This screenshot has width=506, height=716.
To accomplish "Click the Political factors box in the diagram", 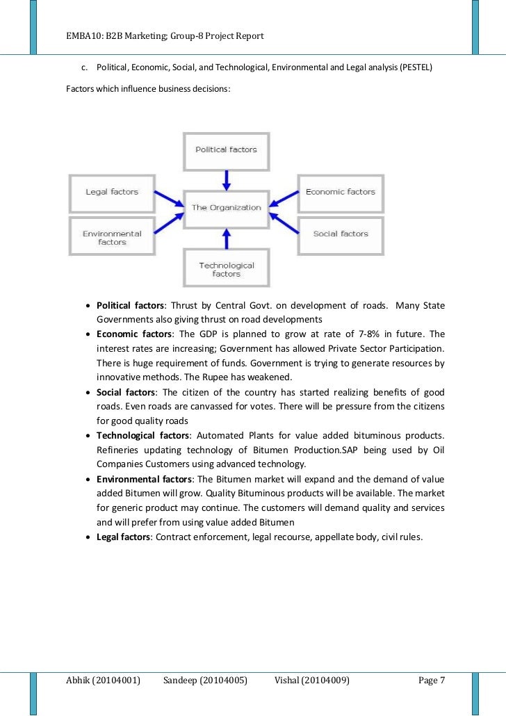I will pos(226,150).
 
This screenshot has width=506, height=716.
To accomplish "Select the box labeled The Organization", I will pos(226,207).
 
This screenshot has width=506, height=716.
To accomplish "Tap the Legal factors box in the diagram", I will pos(111,193).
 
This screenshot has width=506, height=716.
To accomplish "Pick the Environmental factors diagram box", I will pos(111,237).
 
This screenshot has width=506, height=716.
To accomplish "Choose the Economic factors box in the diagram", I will pos(340,192).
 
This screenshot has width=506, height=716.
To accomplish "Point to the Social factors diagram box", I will pos(340,234).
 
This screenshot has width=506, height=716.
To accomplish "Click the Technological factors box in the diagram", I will pos(226,269).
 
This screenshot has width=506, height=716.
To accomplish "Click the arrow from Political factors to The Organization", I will pos(226,179).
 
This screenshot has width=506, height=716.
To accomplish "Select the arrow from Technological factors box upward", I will pos(226,239).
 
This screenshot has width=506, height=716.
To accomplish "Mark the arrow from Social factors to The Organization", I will pos(283,222).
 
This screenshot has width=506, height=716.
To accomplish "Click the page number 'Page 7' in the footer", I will pos(431,680).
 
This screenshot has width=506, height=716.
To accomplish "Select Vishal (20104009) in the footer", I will pos(312,680).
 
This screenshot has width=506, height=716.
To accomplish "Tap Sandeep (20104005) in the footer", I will pos(205,680).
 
